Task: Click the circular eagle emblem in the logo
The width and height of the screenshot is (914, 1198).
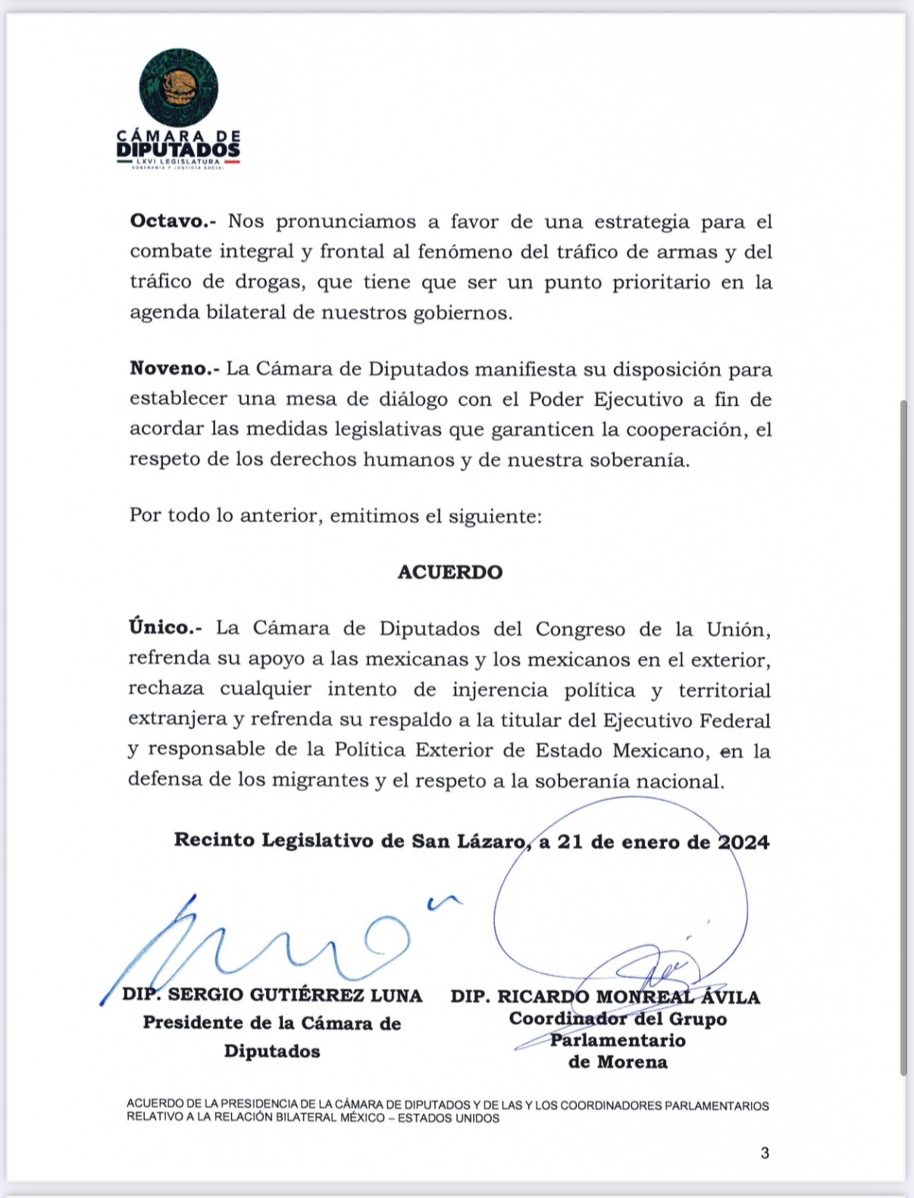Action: (179, 87)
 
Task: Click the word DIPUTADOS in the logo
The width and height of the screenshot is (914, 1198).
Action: (179, 149)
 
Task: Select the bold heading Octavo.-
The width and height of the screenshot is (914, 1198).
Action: (173, 221)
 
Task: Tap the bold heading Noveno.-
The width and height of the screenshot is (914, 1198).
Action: (174, 369)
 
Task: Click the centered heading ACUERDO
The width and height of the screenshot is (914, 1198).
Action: (450, 572)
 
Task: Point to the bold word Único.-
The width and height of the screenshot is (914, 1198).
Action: (164, 628)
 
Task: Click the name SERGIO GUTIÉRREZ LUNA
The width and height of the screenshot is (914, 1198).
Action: (295, 995)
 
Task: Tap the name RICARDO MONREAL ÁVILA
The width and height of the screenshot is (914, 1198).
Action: (628, 997)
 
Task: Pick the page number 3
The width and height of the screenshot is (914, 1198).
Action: (765, 1153)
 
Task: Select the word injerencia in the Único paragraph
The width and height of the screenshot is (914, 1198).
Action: (499, 690)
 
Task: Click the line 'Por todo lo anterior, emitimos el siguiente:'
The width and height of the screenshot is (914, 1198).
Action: (336, 516)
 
